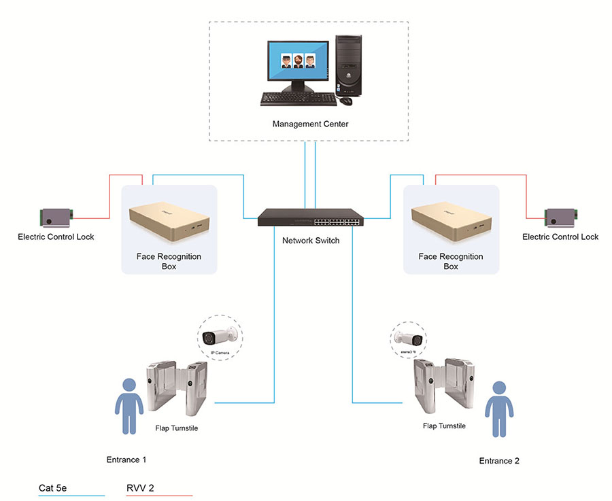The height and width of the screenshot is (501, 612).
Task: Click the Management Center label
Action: point(310,124)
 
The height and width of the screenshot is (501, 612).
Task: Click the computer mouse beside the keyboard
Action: point(346,101)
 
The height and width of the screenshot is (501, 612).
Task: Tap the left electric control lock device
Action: point(56,218)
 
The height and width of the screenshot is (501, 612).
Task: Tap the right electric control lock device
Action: point(561,218)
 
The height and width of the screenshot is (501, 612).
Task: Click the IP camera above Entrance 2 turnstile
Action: point(408,338)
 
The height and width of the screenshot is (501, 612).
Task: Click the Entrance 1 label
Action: point(126,460)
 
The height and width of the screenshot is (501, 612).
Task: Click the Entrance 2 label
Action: point(499,461)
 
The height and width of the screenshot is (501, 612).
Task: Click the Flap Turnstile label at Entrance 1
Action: point(172,428)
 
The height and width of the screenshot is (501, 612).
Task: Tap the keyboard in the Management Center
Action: point(298,99)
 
